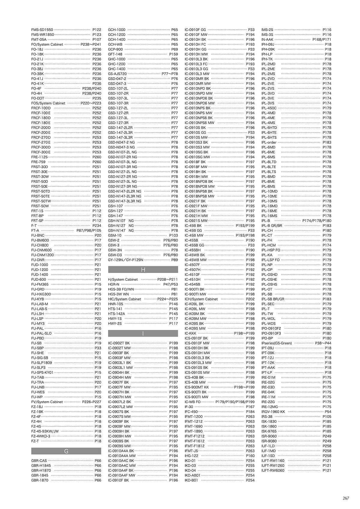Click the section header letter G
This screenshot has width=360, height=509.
click(x=66, y=451)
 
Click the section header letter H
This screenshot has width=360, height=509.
click(x=143, y=270)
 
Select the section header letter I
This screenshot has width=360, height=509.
click(x=143, y=334)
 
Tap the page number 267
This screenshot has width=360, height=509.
click(x=346, y=498)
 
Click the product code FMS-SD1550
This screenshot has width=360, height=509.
click(x=42, y=30)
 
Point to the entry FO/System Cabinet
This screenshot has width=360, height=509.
click(x=47, y=44)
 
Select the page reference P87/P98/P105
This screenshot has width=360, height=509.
click(x=89, y=231)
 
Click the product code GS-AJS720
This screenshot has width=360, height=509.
click(x=117, y=74)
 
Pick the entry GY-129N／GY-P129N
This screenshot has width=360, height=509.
click(x=126, y=260)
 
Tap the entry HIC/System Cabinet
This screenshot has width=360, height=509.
click(x=124, y=299)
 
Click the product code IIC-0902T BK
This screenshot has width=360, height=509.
click(x=119, y=343)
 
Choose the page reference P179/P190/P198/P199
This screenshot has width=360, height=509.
click(x=235, y=402)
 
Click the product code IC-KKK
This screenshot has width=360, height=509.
click(x=190, y=333)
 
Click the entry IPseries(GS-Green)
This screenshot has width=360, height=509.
click(x=277, y=343)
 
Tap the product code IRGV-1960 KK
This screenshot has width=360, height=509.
click(x=273, y=412)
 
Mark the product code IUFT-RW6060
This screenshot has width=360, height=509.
click(x=273, y=471)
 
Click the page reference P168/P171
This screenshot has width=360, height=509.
click(x=322, y=40)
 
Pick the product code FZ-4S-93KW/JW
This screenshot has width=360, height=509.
click(x=45, y=431)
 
